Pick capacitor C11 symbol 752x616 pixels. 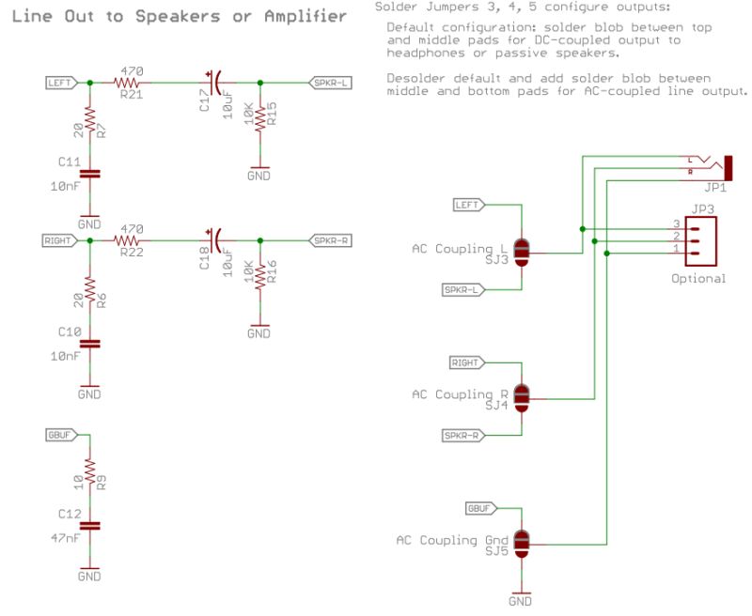89,174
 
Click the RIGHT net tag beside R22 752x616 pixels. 58,241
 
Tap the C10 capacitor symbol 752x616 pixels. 89,344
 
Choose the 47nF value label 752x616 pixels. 66,538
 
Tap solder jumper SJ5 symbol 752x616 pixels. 522,542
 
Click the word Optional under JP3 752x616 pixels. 698,278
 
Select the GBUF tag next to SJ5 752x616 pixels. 478,508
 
